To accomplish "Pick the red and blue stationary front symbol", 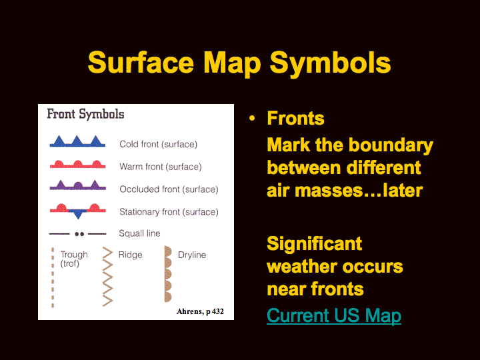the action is [78, 211].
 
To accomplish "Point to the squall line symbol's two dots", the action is [79, 234].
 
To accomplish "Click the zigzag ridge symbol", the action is [108, 277].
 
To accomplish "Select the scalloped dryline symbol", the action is [168, 274].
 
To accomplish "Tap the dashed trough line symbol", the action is [53, 277].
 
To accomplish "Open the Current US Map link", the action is [334, 315].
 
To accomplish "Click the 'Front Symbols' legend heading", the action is [85, 115].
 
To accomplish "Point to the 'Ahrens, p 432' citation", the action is [200, 311].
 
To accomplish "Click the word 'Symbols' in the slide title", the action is [330, 63].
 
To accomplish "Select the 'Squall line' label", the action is [139, 233].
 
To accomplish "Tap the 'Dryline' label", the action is [192, 255].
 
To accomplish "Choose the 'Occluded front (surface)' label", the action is [169, 189].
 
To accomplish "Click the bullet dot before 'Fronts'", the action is [252, 118].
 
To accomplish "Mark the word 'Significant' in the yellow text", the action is [315, 244].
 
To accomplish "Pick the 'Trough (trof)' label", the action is [74, 259].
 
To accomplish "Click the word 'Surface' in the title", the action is [141, 63].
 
